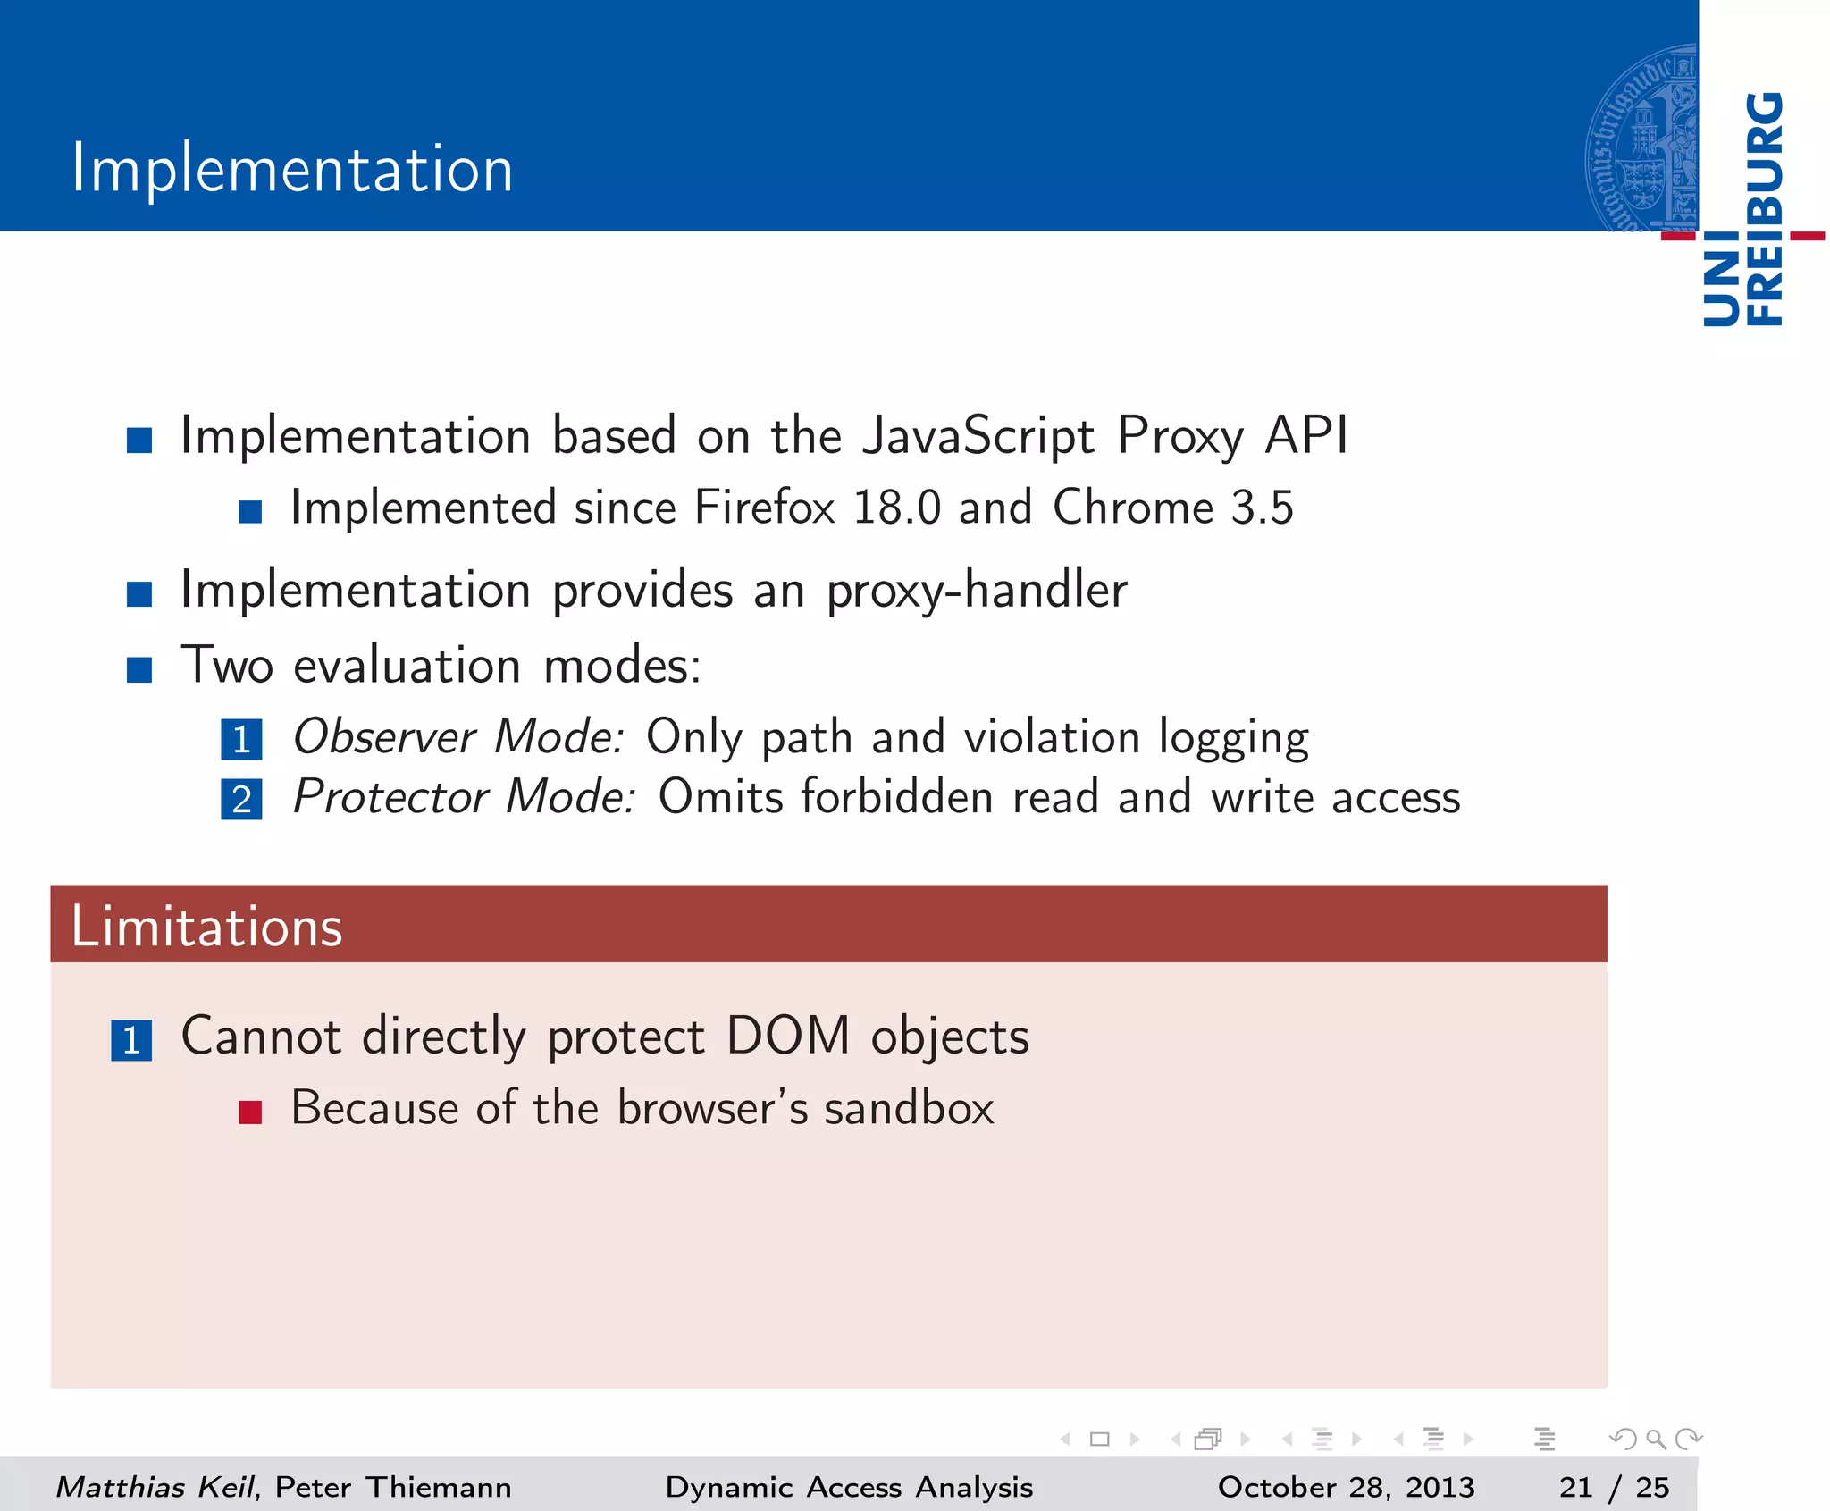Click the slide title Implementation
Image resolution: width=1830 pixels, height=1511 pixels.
click(x=292, y=169)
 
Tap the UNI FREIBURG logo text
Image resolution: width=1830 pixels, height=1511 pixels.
click(x=1743, y=210)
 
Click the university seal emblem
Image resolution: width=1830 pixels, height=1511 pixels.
click(x=1641, y=139)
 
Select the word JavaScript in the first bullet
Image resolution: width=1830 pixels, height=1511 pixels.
click(x=978, y=437)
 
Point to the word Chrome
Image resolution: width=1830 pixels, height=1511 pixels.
click(x=1133, y=508)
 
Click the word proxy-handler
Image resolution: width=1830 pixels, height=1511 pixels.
click(x=976, y=592)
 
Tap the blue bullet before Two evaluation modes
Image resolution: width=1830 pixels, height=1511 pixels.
click(x=139, y=669)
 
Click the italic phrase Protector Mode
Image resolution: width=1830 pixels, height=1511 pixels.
click(x=464, y=797)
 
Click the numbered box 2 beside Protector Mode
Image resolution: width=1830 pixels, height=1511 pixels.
click(x=241, y=799)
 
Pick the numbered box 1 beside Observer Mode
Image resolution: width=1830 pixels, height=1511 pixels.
click(x=241, y=740)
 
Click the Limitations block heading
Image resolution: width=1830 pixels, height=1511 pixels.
click(x=207, y=927)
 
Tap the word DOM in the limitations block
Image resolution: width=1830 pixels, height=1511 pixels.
click(x=788, y=1037)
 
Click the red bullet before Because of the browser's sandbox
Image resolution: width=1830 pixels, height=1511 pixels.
click(x=250, y=1112)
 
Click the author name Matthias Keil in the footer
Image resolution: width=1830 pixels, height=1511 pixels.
click(x=155, y=1487)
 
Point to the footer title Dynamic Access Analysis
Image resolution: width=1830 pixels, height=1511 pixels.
click(x=849, y=1487)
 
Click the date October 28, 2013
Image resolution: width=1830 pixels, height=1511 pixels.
click(x=1346, y=1487)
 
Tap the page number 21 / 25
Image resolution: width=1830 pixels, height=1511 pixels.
click(x=1614, y=1487)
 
